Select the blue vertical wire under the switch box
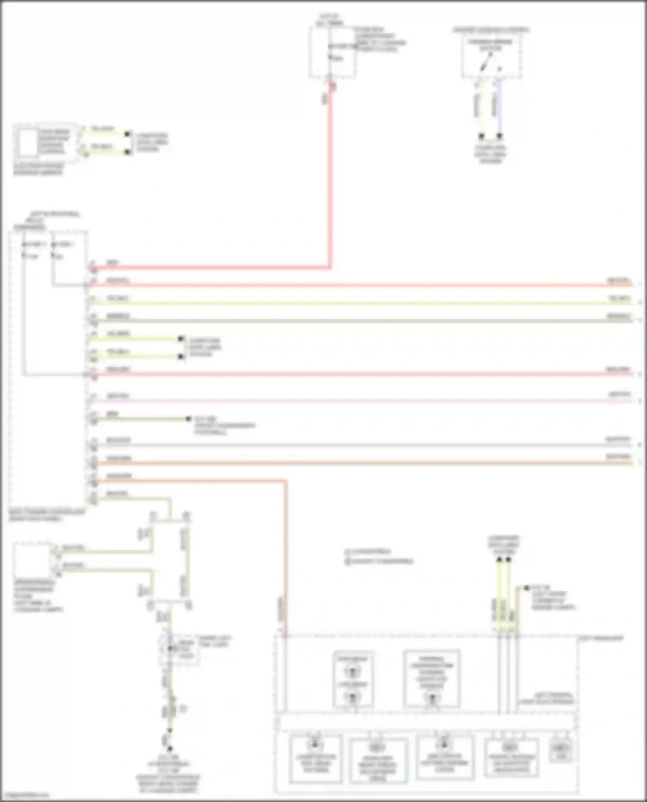pos(499,108)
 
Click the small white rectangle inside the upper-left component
pos(28,143)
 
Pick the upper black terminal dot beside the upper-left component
pos(127,134)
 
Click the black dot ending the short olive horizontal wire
pos(188,418)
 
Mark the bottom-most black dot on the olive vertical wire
pos(170,749)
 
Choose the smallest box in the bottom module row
pos(561,751)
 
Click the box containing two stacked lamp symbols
pos(353,679)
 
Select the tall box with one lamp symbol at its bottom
pos(432,679)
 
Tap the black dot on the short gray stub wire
pos(526,588)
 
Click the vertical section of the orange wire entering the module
pos(285,560)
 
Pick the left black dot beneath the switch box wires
pos(481,136)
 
